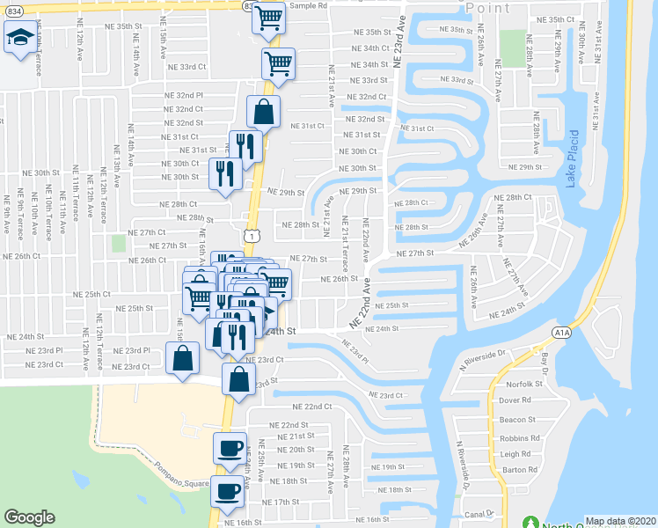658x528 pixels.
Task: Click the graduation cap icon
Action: pos(19,37)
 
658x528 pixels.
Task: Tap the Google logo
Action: pos(29,517)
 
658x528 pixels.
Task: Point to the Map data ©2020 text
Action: pos(621,521)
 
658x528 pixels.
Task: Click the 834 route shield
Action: pos(248,4)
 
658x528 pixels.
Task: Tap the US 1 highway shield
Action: pos(252,236)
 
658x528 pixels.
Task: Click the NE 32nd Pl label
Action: pos(183,94)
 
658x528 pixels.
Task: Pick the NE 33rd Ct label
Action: pos(185,66)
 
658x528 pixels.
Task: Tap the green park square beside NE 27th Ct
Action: pos(120,243)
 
